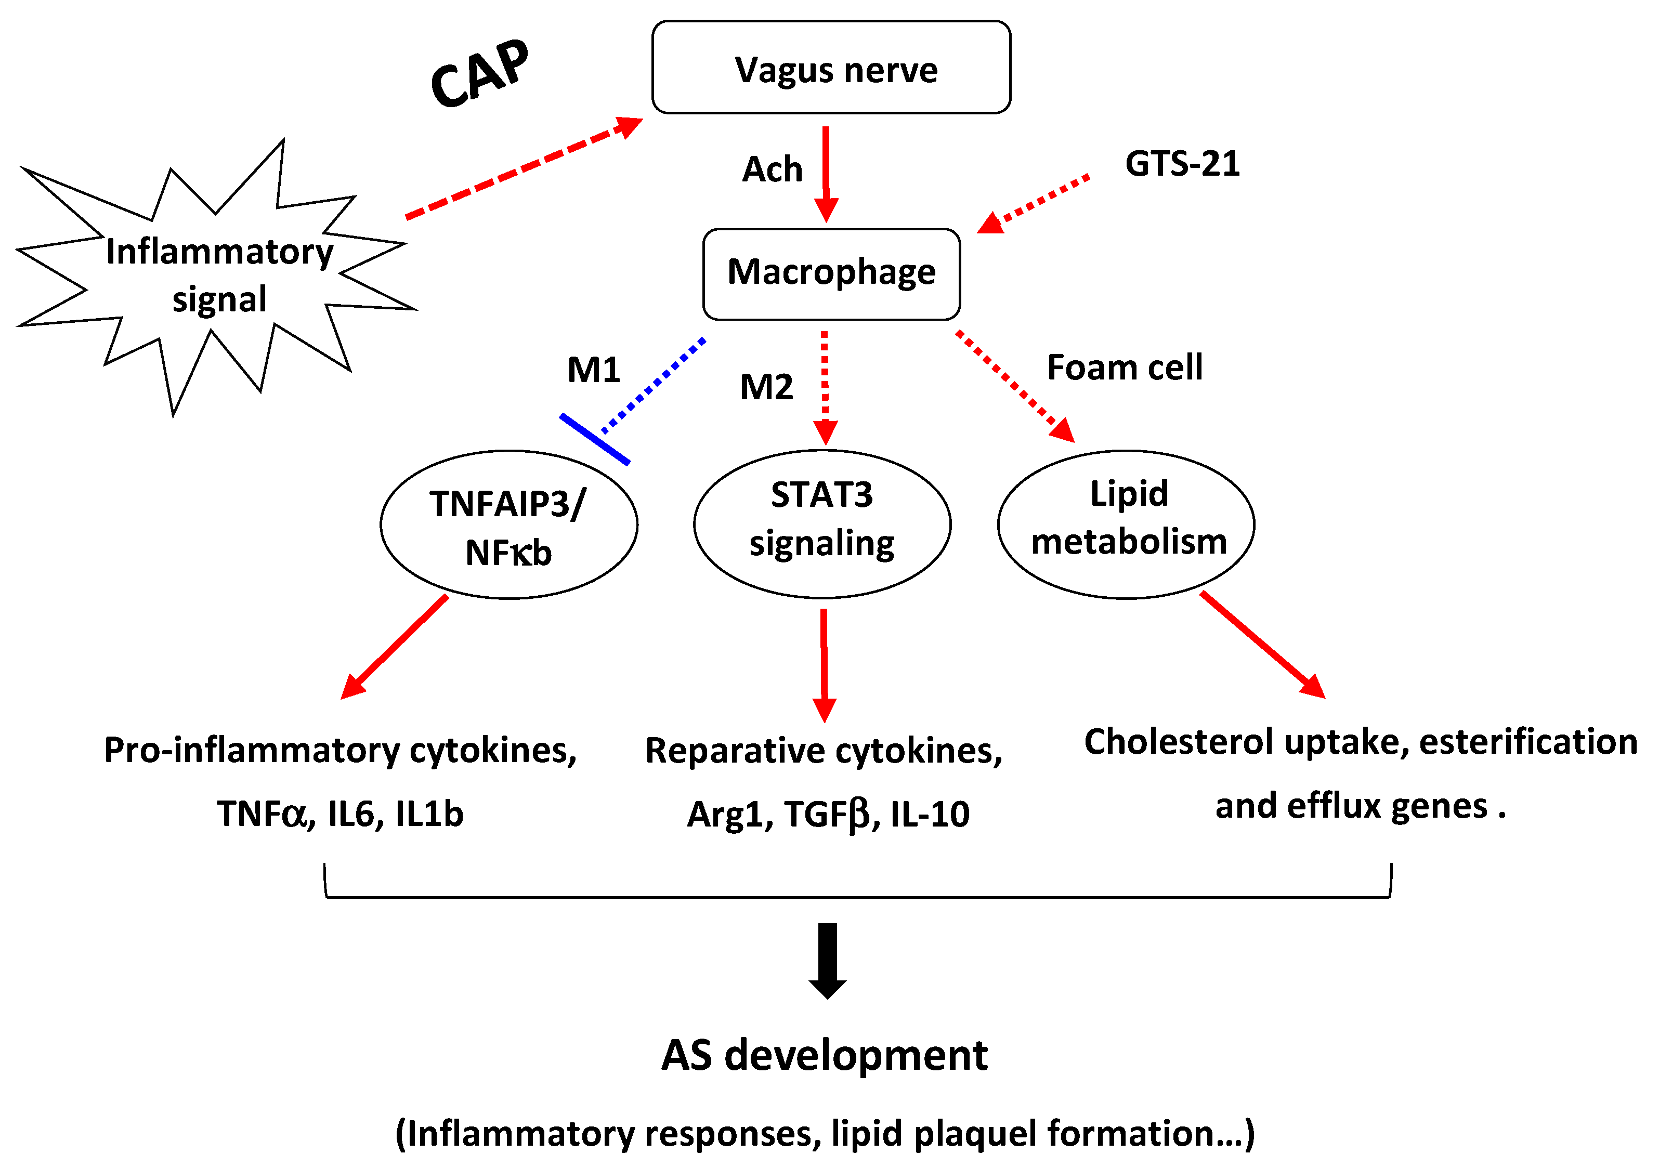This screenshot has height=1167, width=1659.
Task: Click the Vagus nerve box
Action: pyautogui.click(x=831, y=67)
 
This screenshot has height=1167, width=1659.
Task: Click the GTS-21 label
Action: pyautogui.click(x=1182, y=164)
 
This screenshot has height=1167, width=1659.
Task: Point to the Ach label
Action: pyautogui.click(x=772, y=170)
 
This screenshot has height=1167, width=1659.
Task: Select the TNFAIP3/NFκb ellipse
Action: pyautogui.click(x=508, y=526)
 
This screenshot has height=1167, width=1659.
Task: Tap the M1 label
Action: pyautogui.click(x=593, y=370)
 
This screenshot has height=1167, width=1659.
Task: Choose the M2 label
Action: pyautogui.click(x=766, y=387)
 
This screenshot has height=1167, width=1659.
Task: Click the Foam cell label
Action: pyautogui.click(x=1125, y=368)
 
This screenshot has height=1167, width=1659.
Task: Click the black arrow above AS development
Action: pyautogui.click(x=827, y=960)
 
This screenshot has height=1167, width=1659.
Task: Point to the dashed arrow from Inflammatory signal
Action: pyautogui.click(x=524, y=168)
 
